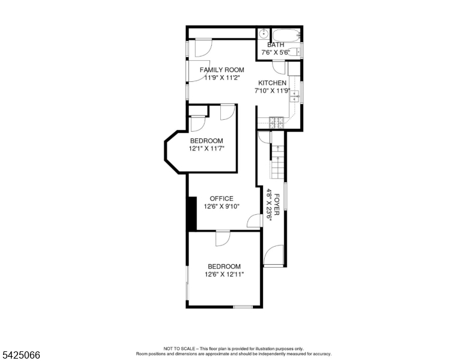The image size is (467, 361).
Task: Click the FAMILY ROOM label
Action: (x=222, y=70)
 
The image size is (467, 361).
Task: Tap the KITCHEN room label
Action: (x=272, y=83)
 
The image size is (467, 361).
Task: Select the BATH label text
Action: (x=276, y=45)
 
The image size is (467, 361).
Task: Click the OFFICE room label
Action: (x=221, y=199)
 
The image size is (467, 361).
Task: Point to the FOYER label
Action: (x=277, y=205)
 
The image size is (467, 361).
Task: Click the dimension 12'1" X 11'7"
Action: (x=206, y=149)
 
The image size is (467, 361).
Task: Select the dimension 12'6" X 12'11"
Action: (x=224, y=274)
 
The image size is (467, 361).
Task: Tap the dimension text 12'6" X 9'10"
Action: (x=221, y=206)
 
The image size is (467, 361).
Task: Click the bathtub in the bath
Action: (x=286, y=35)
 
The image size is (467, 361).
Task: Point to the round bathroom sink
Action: (x=263, y=34)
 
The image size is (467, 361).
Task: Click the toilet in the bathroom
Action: (x=295, y=52)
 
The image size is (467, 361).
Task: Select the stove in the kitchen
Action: (x=276, y=122)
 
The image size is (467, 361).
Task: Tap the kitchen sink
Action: (x=294, y=96)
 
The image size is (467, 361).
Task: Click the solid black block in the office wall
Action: (x=192, y=214)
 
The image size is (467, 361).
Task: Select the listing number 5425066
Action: (x=21, y=355)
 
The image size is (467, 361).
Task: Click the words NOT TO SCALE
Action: (x=179, y=348)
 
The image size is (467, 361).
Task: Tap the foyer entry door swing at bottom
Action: (x=273, y=255)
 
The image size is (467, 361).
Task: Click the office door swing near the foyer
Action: (x=255, y=220)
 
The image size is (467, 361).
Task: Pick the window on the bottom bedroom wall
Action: (x=243, y=306)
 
